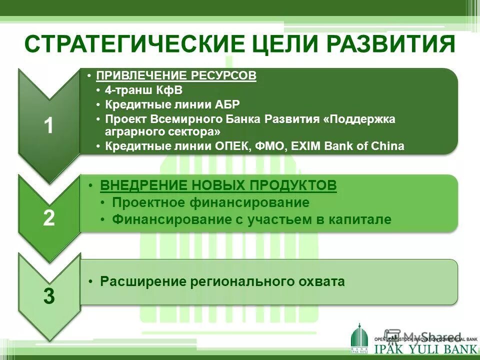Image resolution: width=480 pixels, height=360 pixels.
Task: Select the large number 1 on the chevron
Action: [48, 126]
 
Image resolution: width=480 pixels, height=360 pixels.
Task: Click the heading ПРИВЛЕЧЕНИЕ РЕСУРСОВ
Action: [176, 75]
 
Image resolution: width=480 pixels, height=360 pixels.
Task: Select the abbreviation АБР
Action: [228, 104]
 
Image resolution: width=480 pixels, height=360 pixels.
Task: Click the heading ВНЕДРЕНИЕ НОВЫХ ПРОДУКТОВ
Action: [218, 185]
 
